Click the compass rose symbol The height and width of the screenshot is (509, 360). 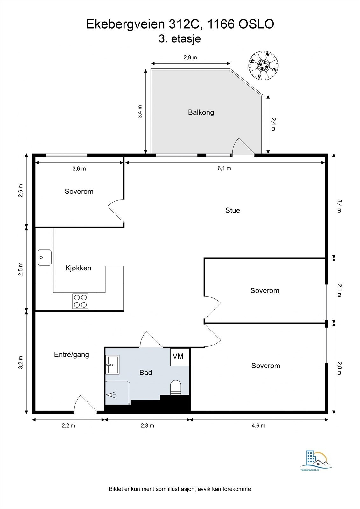(263, 66)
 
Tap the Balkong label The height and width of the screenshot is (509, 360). (201, 113)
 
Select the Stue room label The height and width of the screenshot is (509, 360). (233, 210)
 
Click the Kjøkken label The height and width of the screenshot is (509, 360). (78, 268)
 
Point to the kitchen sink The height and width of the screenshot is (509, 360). (45, 257)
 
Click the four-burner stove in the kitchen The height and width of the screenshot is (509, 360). (80, 301)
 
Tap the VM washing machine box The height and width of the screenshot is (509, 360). (180, 357)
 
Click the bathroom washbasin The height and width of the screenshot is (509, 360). (112, 365)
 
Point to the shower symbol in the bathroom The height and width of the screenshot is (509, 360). (111, 395)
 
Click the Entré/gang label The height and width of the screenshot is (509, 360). (72, 355)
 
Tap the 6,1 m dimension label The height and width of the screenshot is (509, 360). (224, 168)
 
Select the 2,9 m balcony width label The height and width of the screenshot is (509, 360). (190, 57)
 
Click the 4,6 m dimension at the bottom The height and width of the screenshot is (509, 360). (258, 426)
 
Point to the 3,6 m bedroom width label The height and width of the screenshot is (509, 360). (79, 169)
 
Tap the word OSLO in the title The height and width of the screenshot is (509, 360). (256, 24)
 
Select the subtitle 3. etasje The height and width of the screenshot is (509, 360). (180, 38)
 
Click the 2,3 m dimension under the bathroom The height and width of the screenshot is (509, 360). (147, 426)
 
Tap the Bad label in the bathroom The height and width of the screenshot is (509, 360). (146, 373)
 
